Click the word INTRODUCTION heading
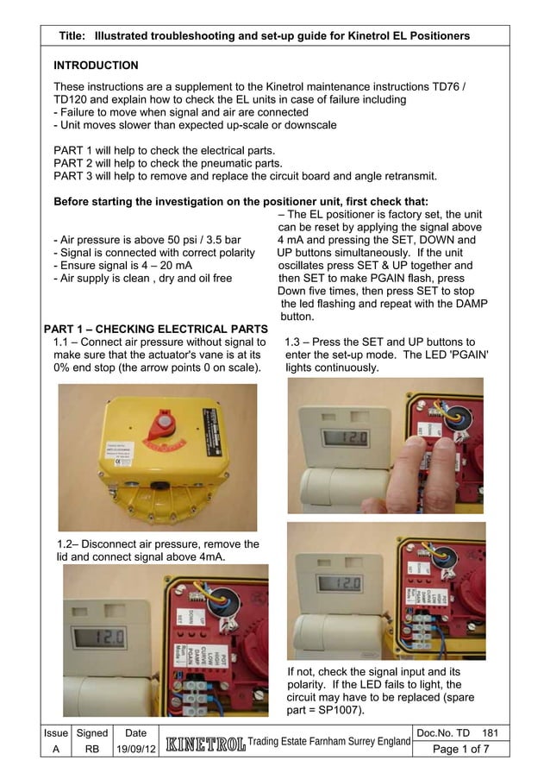point(96,66)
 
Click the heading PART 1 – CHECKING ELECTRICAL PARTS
point(155,329)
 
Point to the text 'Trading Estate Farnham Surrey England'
point(330,743)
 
